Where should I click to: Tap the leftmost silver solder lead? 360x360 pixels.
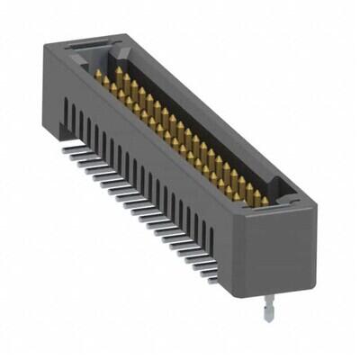[x=70, y=150]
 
